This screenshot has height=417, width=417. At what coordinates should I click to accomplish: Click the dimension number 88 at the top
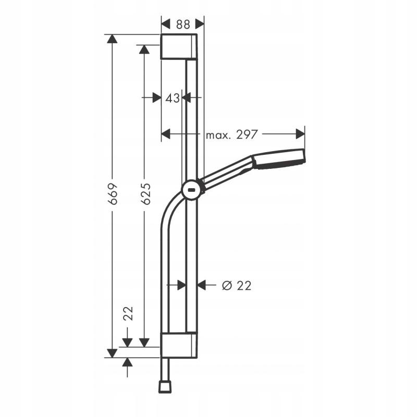183,24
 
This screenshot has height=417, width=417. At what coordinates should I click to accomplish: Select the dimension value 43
173,98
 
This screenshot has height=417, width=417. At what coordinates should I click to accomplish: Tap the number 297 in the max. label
247,134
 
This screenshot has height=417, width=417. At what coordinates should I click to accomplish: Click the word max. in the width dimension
218,136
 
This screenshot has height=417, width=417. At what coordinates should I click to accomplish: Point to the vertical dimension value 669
113,193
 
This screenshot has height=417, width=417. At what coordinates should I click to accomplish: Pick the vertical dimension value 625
145,193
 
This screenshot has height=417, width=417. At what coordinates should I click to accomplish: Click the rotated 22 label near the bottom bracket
128,313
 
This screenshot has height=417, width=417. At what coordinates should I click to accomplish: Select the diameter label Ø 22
237,286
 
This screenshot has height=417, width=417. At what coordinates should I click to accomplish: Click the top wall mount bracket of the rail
179,46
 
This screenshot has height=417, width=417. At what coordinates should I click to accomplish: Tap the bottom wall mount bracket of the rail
179,345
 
